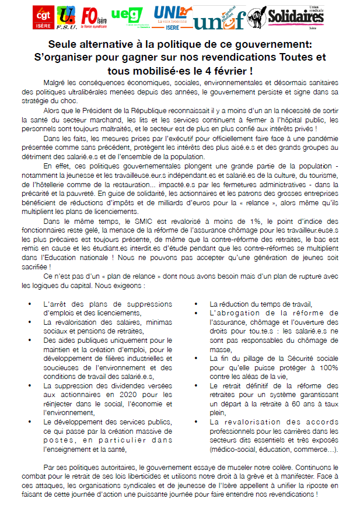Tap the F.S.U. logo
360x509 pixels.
click(x=69, y=19)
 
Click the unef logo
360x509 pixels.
click(x=212, y=22)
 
